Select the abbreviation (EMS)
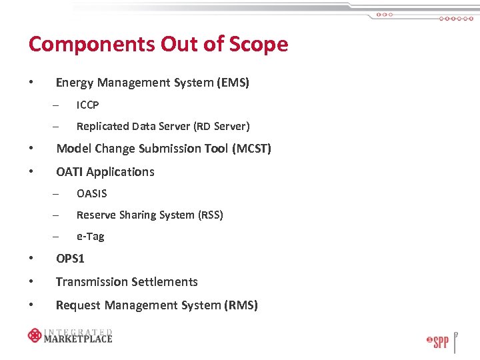[x=233, y=83]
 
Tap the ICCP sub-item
[x=87, y=105]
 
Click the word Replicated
[x=102, y=126]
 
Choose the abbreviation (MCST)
[x=251, y=148]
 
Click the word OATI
[x=69, y=171]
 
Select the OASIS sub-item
[x=91, y=193]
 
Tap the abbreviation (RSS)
[x=210, y=215]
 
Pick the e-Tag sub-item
[x=90, y=236]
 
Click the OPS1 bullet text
[x=70, y=258]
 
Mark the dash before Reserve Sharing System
[x=57, y=215]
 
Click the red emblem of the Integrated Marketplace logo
[x=35, y=335]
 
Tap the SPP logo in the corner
[x=437, y=342]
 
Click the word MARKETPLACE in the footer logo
[x=77, y=338]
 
